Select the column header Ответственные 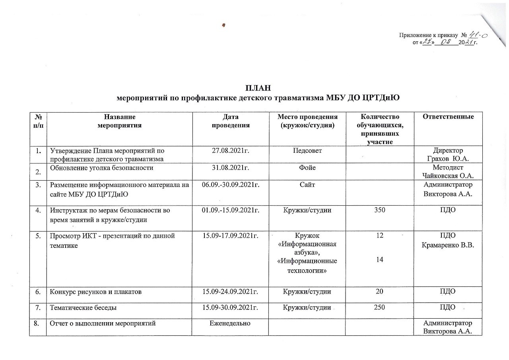[448, 117]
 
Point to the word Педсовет [308, 151]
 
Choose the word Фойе [308, 168]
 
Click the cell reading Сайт [308, 185]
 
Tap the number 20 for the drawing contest [380, 292]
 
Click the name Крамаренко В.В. [448, 243]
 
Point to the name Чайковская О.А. [448, 175]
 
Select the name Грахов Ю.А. [448, 158]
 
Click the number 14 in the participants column [380, 259]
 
